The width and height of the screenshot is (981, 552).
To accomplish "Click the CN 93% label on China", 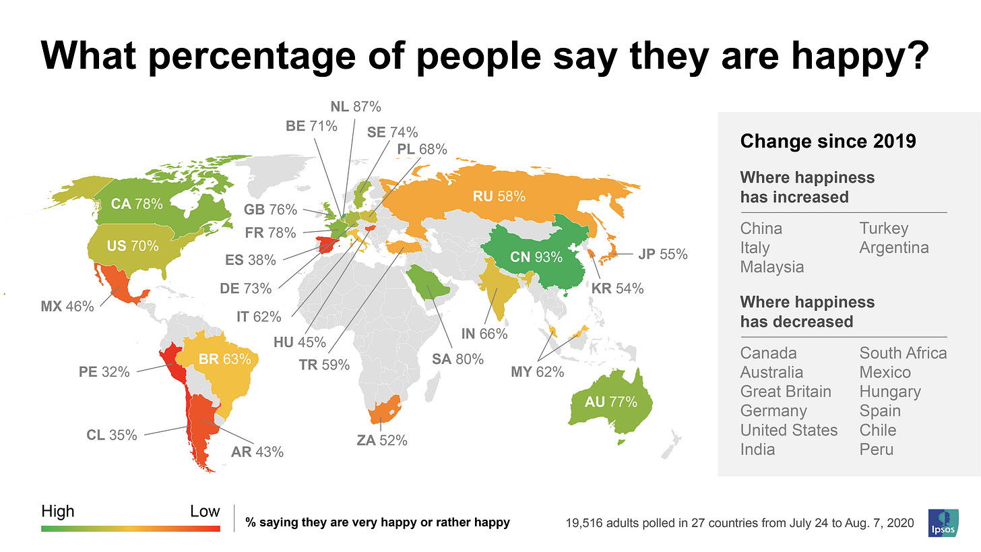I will pyautogui.click(x=531, y=257).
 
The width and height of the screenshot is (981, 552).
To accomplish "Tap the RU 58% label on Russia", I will pyautogui.click(x=499, y=196).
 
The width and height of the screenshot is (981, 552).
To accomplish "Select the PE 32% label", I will pyautogui.click(x=104, y=371).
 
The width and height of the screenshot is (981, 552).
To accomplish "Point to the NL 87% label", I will pyautogui.click(x=356, y=106).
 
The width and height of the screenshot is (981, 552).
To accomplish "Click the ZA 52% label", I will pyautogui.click(x=382, y=441).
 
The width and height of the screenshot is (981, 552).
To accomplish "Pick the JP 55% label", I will pyautogui.click(x=662, y=254).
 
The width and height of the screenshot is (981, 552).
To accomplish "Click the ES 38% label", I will pyautogui.click(x=251, y=259).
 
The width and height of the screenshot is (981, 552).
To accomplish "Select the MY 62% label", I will pyautogui.click(x=538, y=370).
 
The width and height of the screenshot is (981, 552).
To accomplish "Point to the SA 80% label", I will pyautogui.click(x=458, y=359).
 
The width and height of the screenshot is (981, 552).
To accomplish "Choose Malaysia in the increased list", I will pyautogui.click(x=771, y=267).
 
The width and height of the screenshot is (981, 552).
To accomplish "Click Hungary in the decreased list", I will pyautogui.click(x=889, y=392).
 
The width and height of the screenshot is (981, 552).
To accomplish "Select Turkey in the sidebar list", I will pyautogui.click(x=883, y=228).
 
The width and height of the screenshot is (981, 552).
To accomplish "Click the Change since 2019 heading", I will pyautogui.click(x=827, y=142).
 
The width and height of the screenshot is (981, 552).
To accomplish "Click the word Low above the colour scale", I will pyautogui.click(x=204, y=511).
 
